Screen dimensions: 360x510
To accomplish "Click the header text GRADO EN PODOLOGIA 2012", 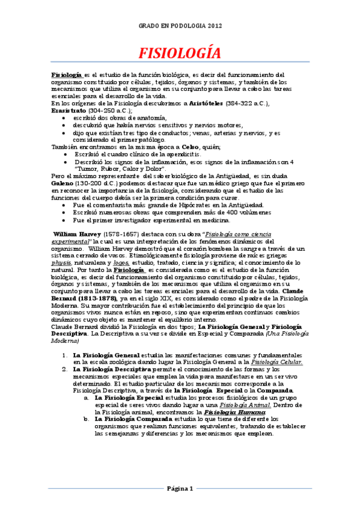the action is click(x=180, y=26).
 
